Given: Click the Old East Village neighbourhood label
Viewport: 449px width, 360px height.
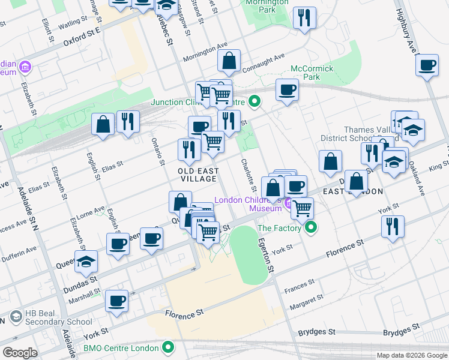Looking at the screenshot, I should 197,175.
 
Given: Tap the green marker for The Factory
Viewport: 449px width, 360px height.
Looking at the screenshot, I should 311,227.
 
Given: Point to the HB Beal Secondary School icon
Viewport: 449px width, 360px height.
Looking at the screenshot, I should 15,317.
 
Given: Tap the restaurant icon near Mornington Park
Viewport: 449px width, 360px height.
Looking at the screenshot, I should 305,18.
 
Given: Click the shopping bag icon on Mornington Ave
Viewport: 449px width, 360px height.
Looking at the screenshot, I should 229,61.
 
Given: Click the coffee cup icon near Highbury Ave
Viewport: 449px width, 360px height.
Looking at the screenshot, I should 427,66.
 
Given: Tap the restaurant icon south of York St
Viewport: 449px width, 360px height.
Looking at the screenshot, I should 393,227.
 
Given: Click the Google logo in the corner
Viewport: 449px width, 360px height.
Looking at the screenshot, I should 20,353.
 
